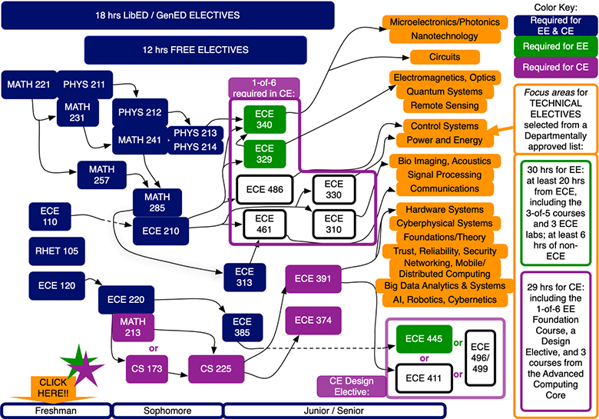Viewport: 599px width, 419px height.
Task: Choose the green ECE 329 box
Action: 264,153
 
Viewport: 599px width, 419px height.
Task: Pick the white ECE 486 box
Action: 264,188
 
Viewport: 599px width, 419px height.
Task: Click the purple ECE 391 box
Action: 313,278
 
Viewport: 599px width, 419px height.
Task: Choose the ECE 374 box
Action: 313,320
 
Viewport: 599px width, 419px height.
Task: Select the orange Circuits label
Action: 445,57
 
